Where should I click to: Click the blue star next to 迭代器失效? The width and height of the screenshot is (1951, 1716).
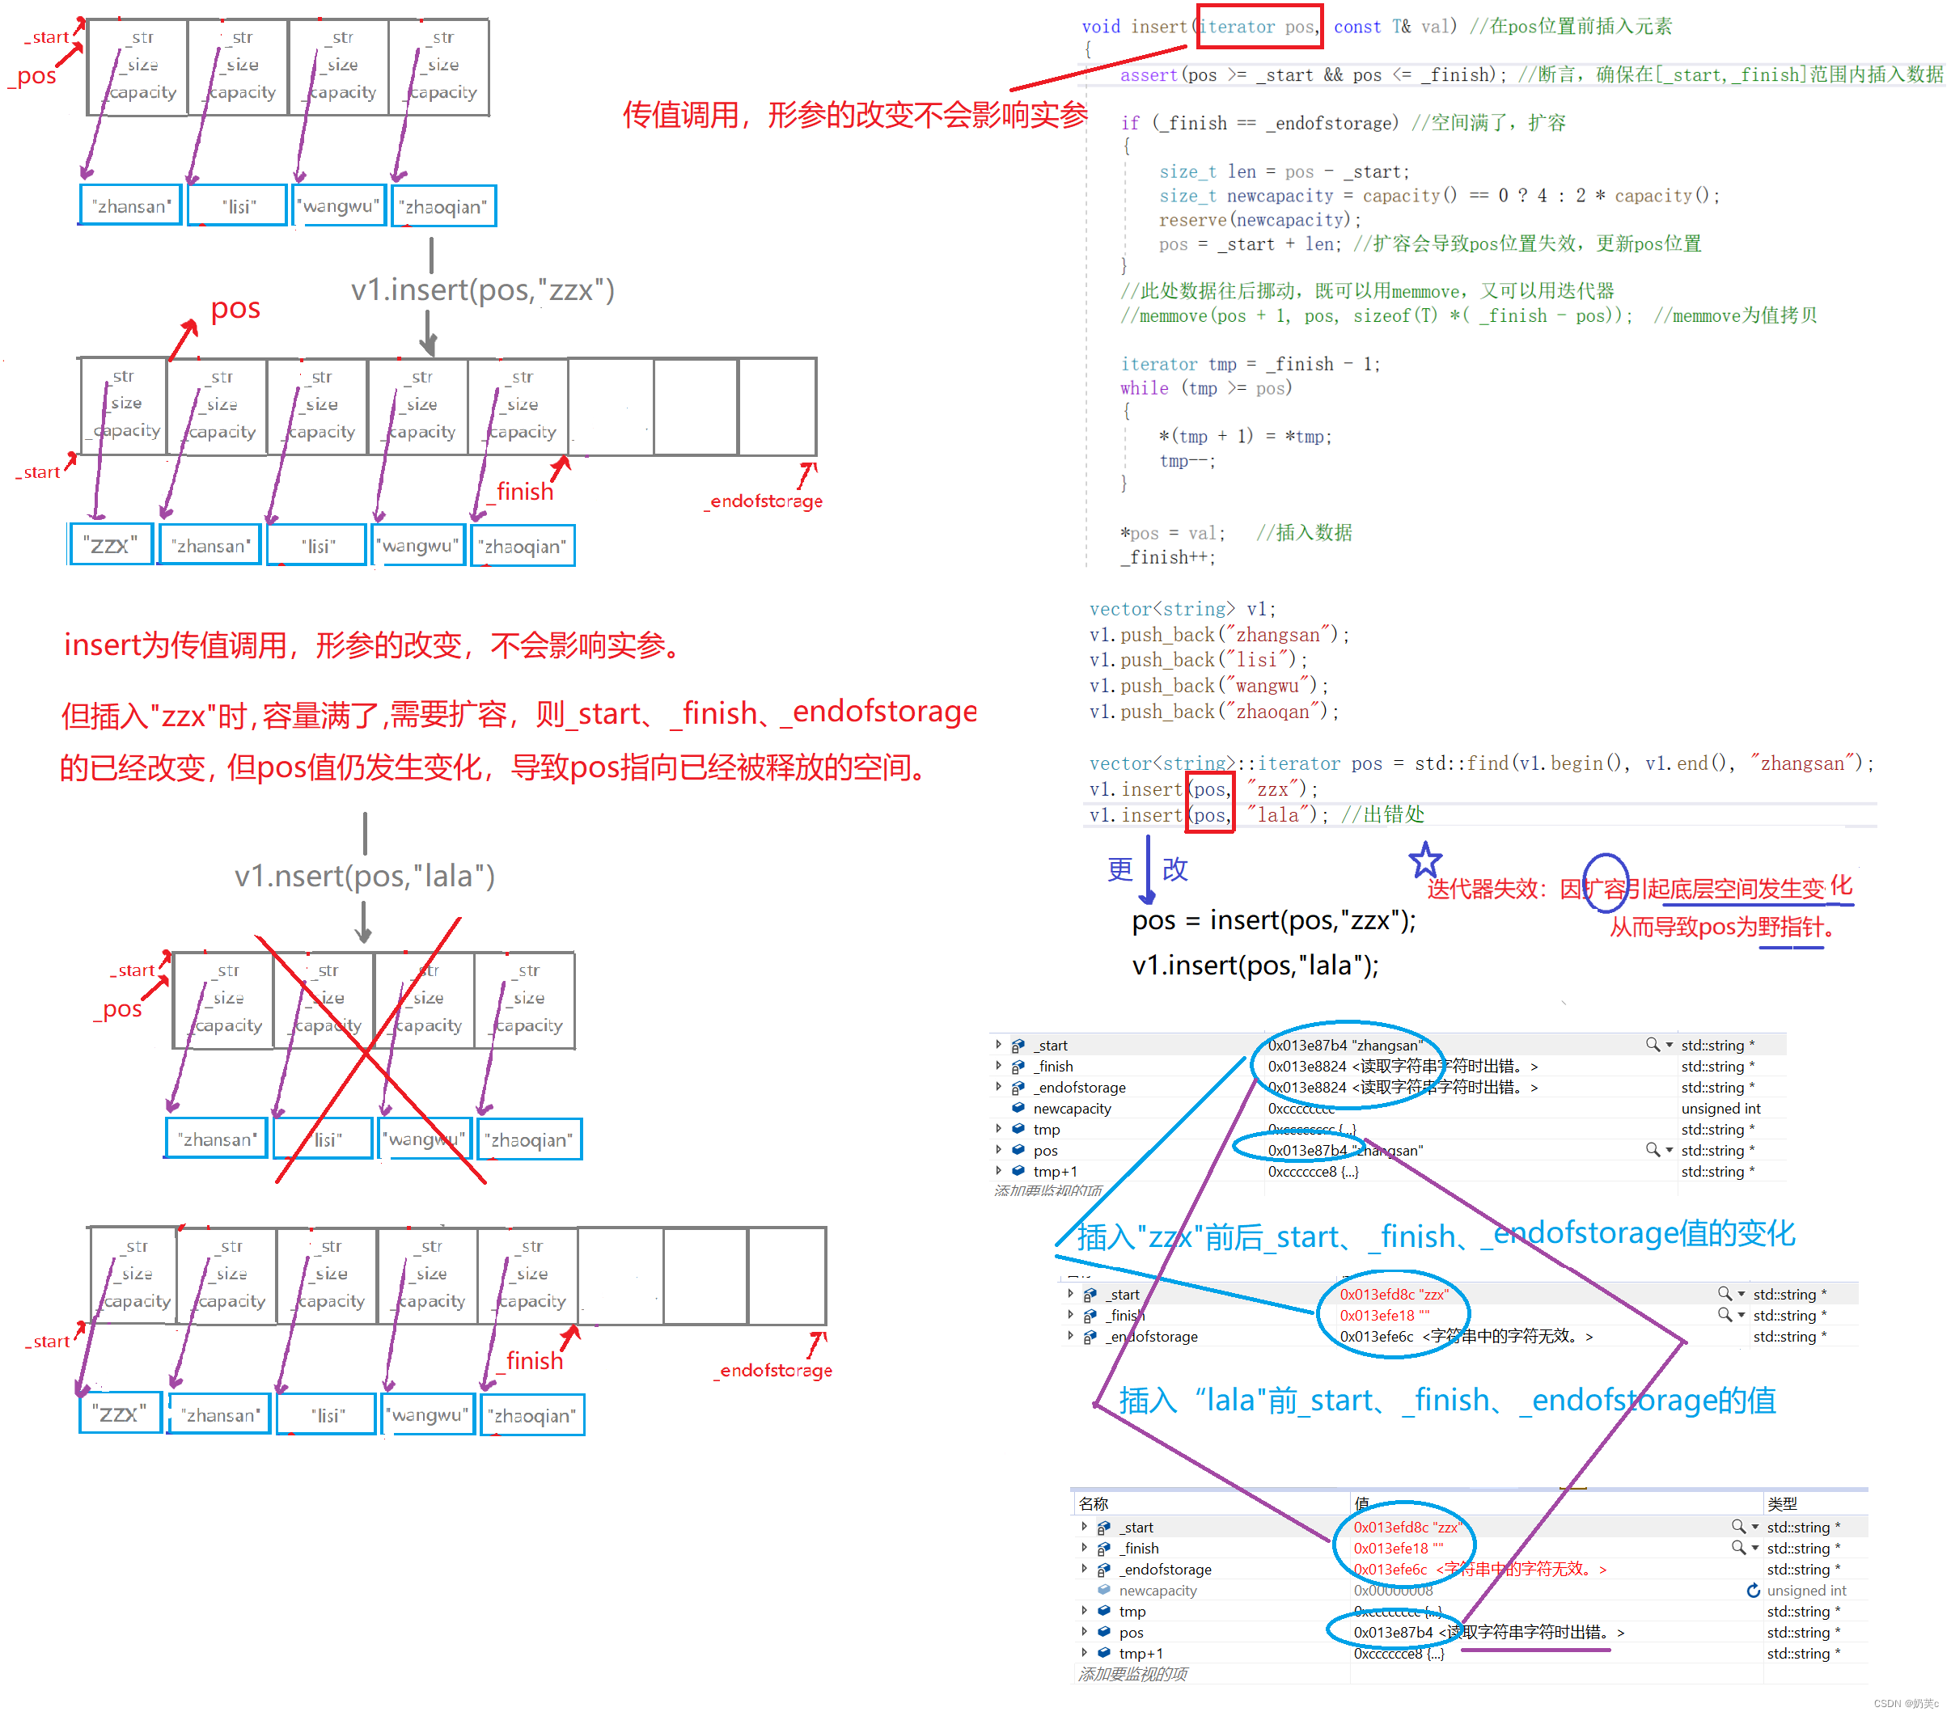pyautogui.click(x=1425, y=861)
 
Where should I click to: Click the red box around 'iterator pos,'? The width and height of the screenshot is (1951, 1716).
pyautogui.click(x=1258, y=27)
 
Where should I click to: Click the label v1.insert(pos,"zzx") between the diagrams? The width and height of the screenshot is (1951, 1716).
pyautogui.click(x=482, y=290)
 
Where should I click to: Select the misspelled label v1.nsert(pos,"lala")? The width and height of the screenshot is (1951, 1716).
pyautogui.click(x=365, y=875)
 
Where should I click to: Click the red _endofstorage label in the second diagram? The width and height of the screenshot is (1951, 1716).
pyautogui.click(x=764, y=501)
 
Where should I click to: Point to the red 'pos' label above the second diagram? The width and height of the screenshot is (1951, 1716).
pyautogui.click(x=235, y=308)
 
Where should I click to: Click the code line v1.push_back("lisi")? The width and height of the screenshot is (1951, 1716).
pyautogui.click(x=1198, y=660)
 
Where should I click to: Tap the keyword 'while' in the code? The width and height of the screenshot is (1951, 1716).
pyautogui.click(x=1144, y=388)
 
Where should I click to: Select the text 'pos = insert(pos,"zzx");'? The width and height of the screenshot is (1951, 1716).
pyautogui.click(x=1273, y=921)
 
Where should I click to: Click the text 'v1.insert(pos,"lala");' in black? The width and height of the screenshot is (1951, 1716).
pyautogui.click(x=1255, y=966)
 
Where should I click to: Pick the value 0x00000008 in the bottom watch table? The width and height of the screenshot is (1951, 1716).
pyautogui.click(x=1393, y=1591)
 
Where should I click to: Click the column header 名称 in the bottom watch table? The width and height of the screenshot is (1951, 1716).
pyautogui.click(x=1093, y=1504)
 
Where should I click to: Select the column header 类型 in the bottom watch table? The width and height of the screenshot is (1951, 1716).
pyautogui.click(x=1781, y=1504)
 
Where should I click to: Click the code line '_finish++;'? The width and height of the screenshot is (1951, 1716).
pyautogui.click(x=1167, y=557)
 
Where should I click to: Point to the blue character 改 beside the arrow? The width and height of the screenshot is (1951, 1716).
pyautogui.click(x=1175, y=869)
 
